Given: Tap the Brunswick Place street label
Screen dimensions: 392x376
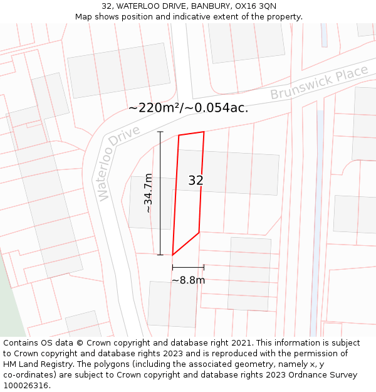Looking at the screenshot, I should (x=319, y=83).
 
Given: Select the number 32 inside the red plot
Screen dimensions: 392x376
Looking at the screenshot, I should (x=196, y=181).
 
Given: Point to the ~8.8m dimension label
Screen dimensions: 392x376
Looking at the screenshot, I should (x=188, y=280).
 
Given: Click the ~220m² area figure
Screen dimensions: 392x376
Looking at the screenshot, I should (x=154, y=108).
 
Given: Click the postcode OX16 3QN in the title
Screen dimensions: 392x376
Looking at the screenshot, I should (x=258, y=6).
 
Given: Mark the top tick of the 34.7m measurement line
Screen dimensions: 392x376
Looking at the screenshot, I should (x=160, y=132).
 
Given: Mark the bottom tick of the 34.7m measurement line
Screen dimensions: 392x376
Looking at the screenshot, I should (x=160, y=254).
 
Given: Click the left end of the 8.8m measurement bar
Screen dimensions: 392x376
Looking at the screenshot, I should (x=173, y=268).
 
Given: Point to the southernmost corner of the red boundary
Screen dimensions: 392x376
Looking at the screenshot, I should (x=173, y=255).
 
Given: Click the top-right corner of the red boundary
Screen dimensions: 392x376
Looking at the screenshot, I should (x=204, y=132).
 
